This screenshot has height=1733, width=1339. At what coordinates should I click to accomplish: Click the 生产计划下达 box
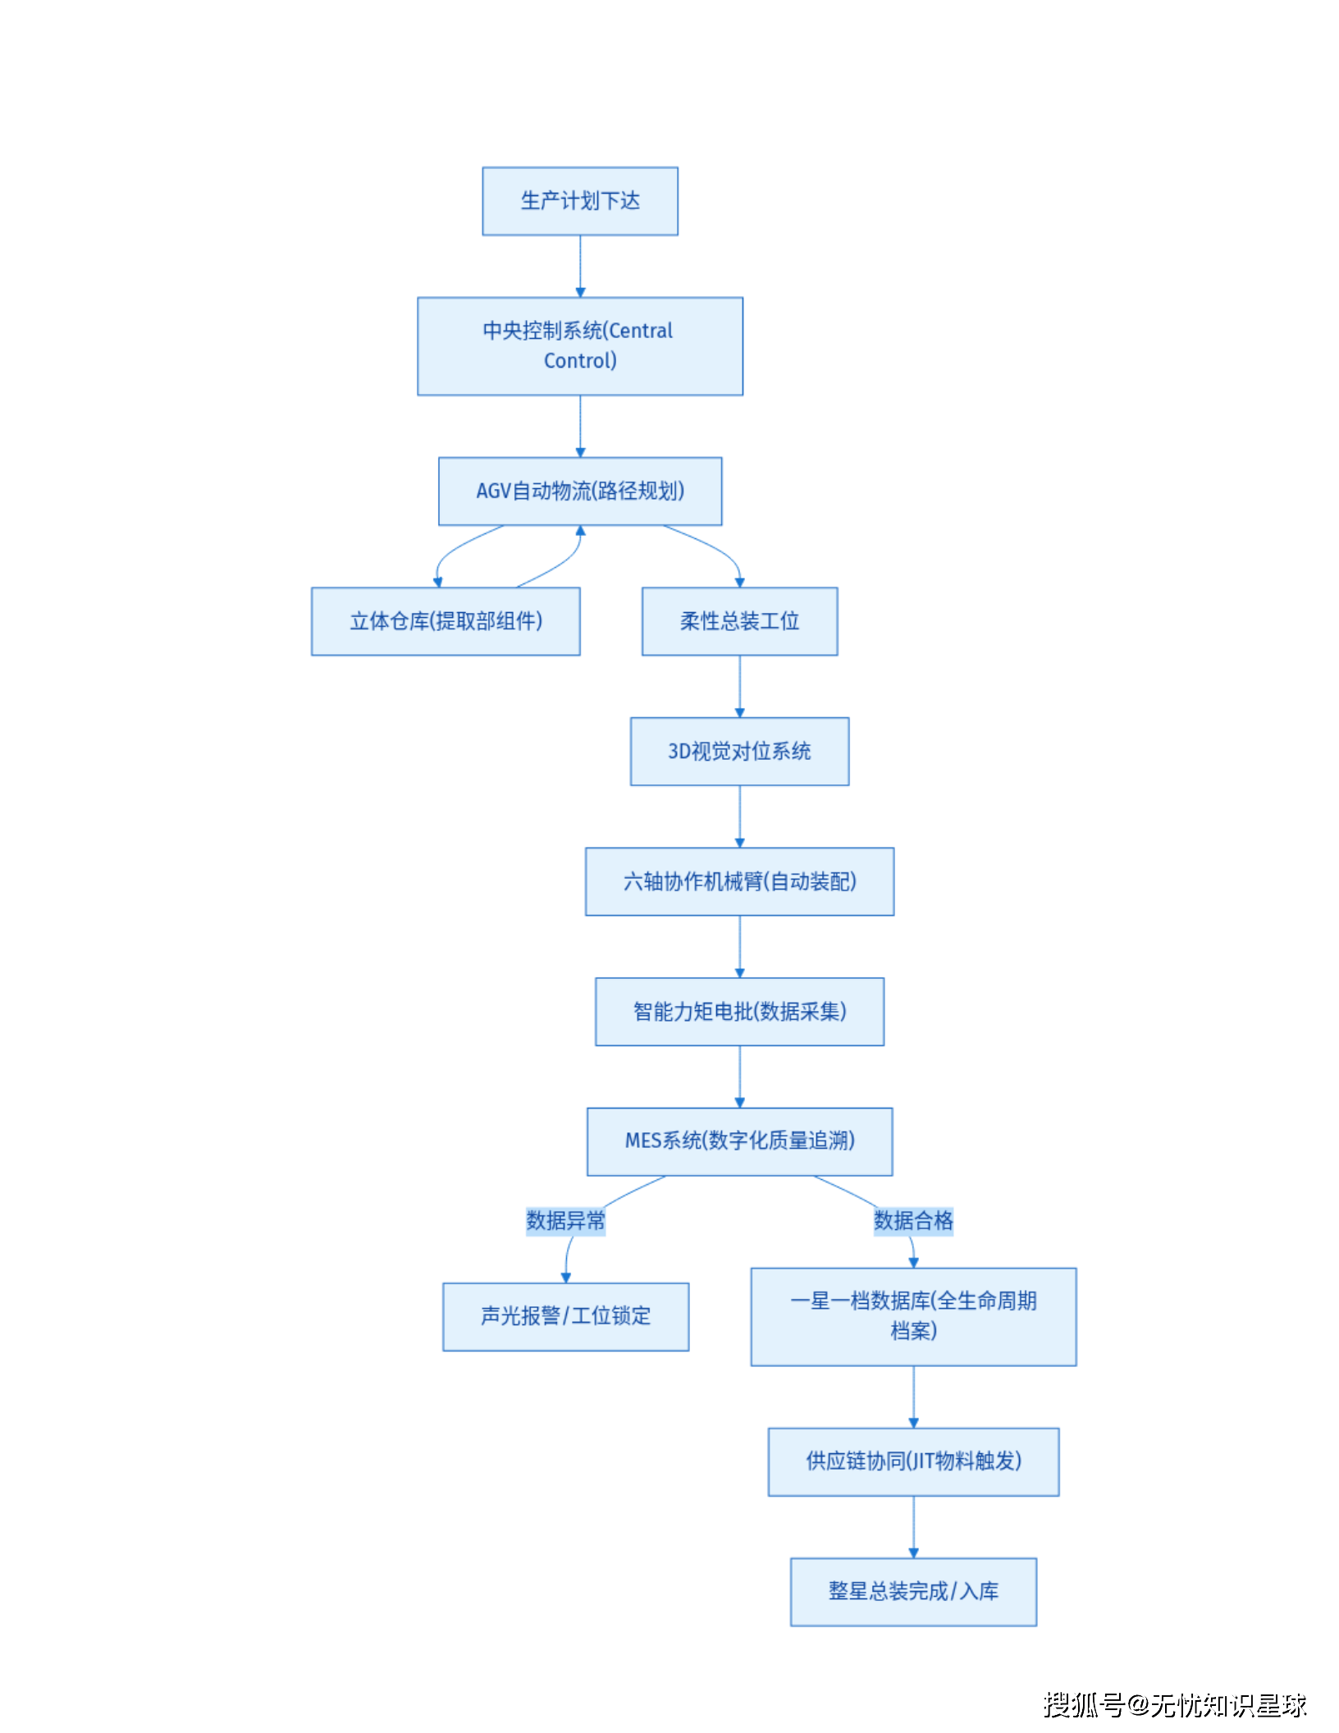(580, 201)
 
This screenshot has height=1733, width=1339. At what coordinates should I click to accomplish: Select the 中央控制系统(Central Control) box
(580, 345)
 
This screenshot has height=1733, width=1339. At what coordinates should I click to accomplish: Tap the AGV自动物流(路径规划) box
(580, 491)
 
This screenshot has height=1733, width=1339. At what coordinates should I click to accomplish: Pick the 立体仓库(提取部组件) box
(446, 621)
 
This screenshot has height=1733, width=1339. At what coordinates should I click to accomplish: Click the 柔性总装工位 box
(739, 621)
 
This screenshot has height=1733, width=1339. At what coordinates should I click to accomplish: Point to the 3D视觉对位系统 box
(739, 751)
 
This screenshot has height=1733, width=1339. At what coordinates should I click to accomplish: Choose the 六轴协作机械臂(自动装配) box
(739, 881)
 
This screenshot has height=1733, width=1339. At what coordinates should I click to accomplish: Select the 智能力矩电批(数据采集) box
(739, 1011)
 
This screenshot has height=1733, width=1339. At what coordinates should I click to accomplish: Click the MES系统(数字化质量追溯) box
(739, 1141)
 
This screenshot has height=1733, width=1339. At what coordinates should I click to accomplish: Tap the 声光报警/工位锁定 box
(565, 1316)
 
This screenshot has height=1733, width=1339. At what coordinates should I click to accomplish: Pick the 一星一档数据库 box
(913, 1316)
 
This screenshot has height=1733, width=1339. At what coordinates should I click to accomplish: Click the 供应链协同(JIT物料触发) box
(913, 1461)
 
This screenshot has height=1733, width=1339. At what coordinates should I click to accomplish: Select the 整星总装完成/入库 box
(913, 1591)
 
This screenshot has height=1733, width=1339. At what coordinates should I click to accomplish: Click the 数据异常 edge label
(565, 1220)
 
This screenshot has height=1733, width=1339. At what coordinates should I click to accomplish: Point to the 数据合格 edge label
(913, 1220)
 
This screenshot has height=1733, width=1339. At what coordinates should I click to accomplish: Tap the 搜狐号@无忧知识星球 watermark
(1174, 1704)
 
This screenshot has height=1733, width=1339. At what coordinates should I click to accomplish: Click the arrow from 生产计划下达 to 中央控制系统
(580, 266)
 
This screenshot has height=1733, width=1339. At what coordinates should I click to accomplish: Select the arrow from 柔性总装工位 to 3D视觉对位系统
(739, 686)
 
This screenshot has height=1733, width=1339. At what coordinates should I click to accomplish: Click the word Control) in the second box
(580, 361)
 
